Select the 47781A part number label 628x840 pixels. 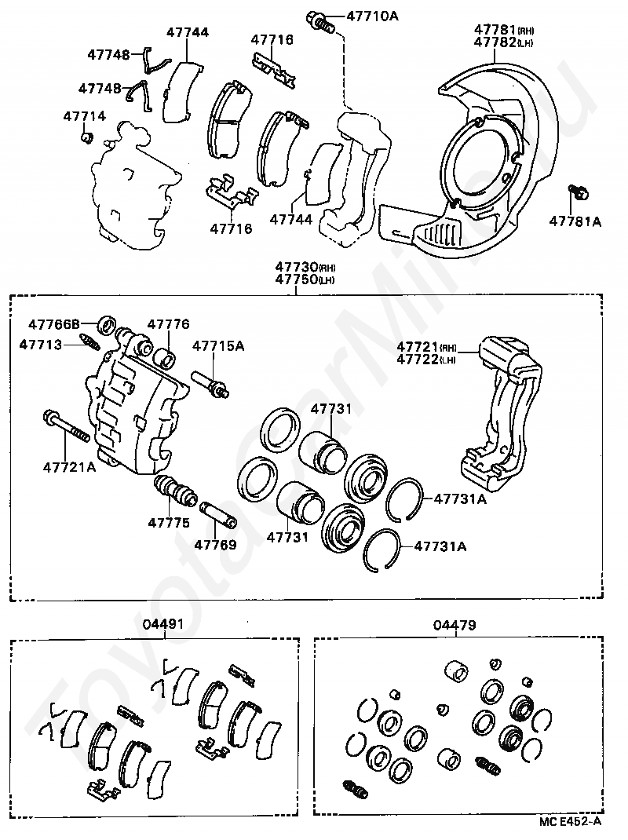575,222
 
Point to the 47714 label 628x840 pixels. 84,116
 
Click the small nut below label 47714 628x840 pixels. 88,139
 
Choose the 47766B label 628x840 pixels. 54,323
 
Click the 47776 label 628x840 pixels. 168,323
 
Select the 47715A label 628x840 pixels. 218,345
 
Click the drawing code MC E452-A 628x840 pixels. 571,822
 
